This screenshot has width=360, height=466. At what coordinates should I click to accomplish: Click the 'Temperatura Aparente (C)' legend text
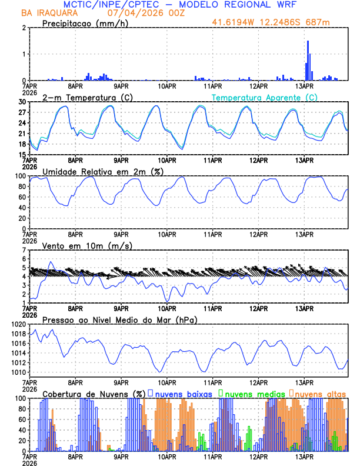(265, 97)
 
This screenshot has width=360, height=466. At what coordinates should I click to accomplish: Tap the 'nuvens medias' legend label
(252, 394)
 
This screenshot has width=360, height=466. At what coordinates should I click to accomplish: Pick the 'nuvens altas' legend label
(320, 394)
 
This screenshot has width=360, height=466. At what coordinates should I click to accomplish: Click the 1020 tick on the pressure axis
(19, 324)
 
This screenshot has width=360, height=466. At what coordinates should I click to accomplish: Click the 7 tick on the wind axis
(24, 250)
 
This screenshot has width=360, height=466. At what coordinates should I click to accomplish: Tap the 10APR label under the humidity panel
(166, 234)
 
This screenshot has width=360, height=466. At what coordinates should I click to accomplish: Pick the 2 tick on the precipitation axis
(24, 28)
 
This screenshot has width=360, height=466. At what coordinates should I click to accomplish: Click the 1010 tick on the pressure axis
(19, 372)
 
